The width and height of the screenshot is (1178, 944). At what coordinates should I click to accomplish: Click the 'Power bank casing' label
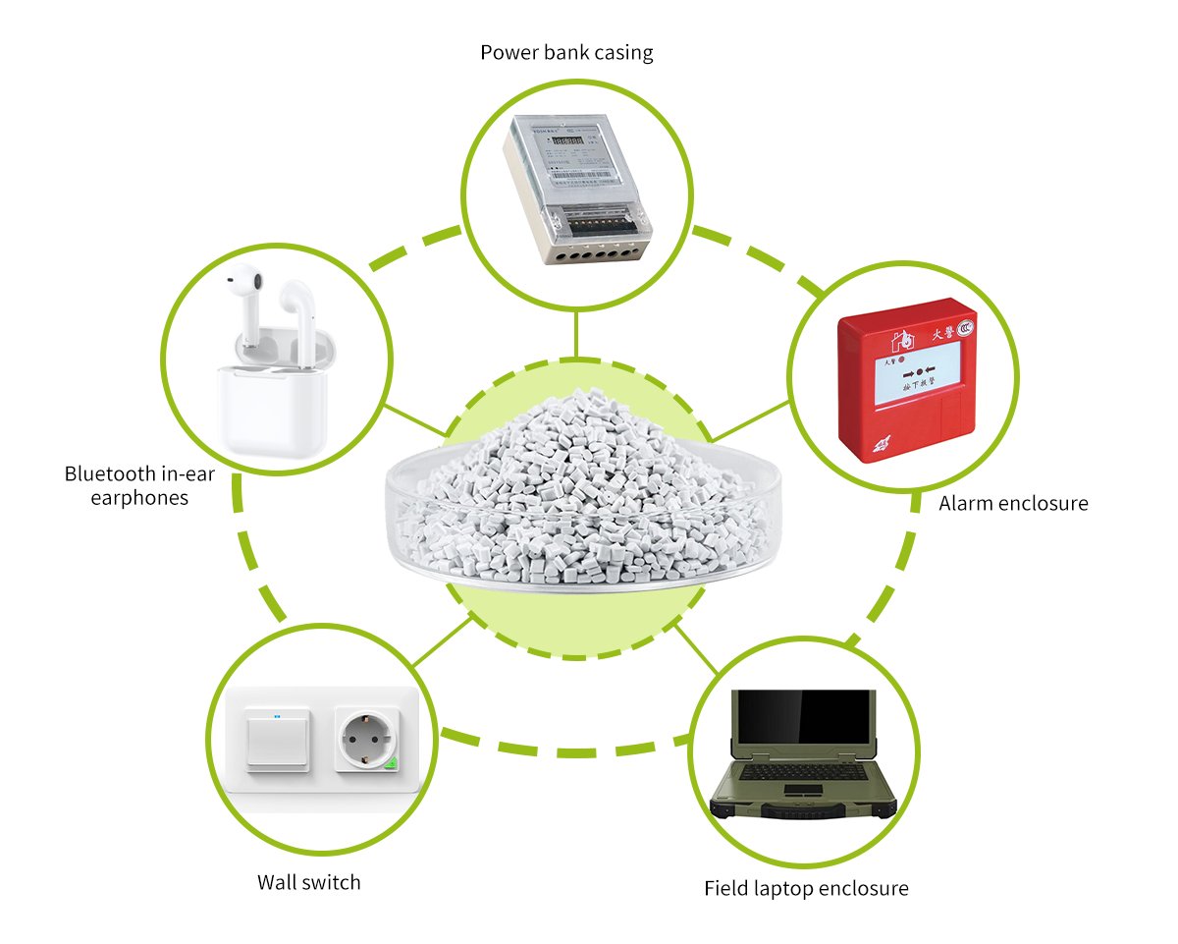[566, 52]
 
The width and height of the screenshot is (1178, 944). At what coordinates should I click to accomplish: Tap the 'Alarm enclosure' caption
[1013, 504]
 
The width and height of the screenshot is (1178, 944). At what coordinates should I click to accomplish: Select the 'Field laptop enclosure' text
[806, 889]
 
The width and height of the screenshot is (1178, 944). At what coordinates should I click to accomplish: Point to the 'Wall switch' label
[308, 882]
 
